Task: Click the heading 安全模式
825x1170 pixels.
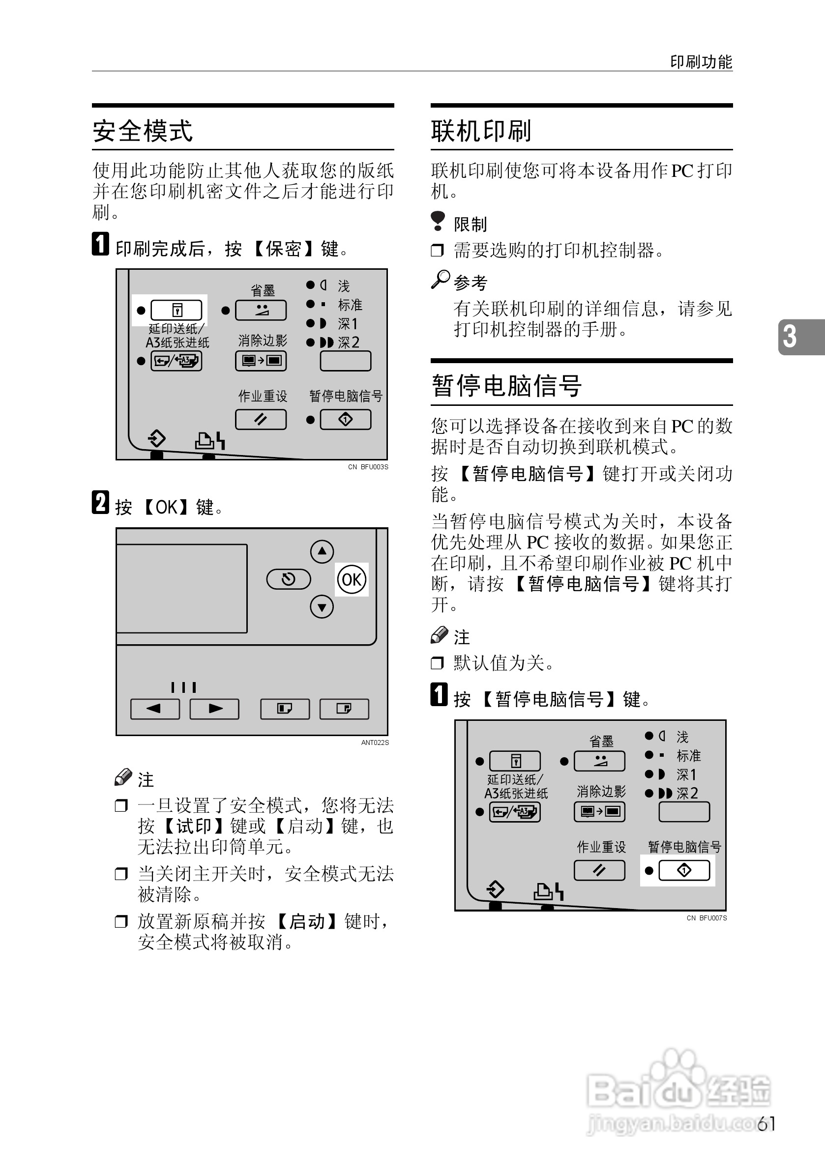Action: [x=143, y=131]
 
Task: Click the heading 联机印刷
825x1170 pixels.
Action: [x=481, y=131]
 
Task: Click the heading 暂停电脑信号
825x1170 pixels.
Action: [x=506, y=385]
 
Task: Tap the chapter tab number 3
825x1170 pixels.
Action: [x=790, y=337]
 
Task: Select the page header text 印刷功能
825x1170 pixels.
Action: [x=701, y=62]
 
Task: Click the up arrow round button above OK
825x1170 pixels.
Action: [x=322, y=551]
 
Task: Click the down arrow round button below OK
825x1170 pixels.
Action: [x=322, y=607]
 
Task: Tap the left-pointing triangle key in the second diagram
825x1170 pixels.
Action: [x=155, y=708]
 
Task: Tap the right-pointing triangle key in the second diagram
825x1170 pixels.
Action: [x=214, y=708]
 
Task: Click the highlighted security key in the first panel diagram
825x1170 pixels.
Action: [x=177, y=310]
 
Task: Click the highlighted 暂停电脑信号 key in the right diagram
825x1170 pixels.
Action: [x=684, y=870]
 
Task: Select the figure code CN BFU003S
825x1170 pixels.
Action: [x=368, y=467]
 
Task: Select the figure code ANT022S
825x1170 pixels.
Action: [x=375, y=742]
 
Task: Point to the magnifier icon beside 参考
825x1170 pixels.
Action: [x=440, y=280]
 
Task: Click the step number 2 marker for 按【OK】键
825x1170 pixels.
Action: [x=100, y=503]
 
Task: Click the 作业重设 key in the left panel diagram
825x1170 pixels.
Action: [x=261, y=419]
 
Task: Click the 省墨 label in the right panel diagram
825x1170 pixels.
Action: [x=601, y=741]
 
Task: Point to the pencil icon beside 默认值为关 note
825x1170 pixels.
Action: [x=439, y=635]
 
